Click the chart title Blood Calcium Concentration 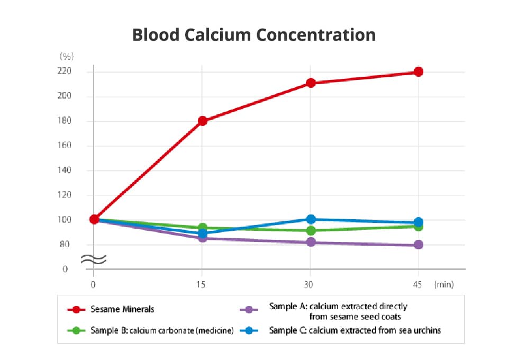click(253, 35)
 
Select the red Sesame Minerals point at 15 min click(202, 121)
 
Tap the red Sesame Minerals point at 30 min click(311, 83)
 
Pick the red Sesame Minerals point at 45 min click(418, 71)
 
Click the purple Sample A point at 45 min click(418, 245)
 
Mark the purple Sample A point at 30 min click(311, 242)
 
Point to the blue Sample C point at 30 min click(311, 219)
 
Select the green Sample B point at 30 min click(311, 230)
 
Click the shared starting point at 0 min click(94, 219)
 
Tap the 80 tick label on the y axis click(65, 245)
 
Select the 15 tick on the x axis click(202, 285)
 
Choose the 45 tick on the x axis click(418, 285)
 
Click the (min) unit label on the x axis click(444, 285)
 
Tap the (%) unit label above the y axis click(66, 56)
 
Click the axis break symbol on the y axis click(94, 259)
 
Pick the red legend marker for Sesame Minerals click(77, 309)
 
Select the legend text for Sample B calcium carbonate click(162, 330)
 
